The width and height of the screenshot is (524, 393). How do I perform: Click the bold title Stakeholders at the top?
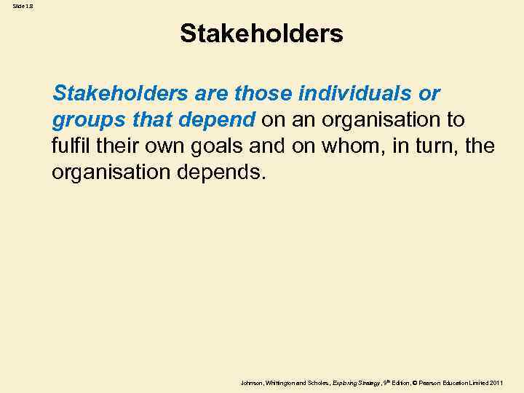pos(261,33)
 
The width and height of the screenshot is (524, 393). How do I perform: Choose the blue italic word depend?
pos(220,120)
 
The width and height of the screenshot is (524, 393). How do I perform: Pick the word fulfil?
pos(70,146)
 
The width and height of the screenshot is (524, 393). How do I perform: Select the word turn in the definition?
pos(432,146)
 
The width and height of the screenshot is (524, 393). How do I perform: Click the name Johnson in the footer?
pos(252,383)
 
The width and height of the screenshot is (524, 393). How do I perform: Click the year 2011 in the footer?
pos(496,383)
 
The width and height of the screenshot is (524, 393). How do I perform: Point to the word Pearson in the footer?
pos(429,383)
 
